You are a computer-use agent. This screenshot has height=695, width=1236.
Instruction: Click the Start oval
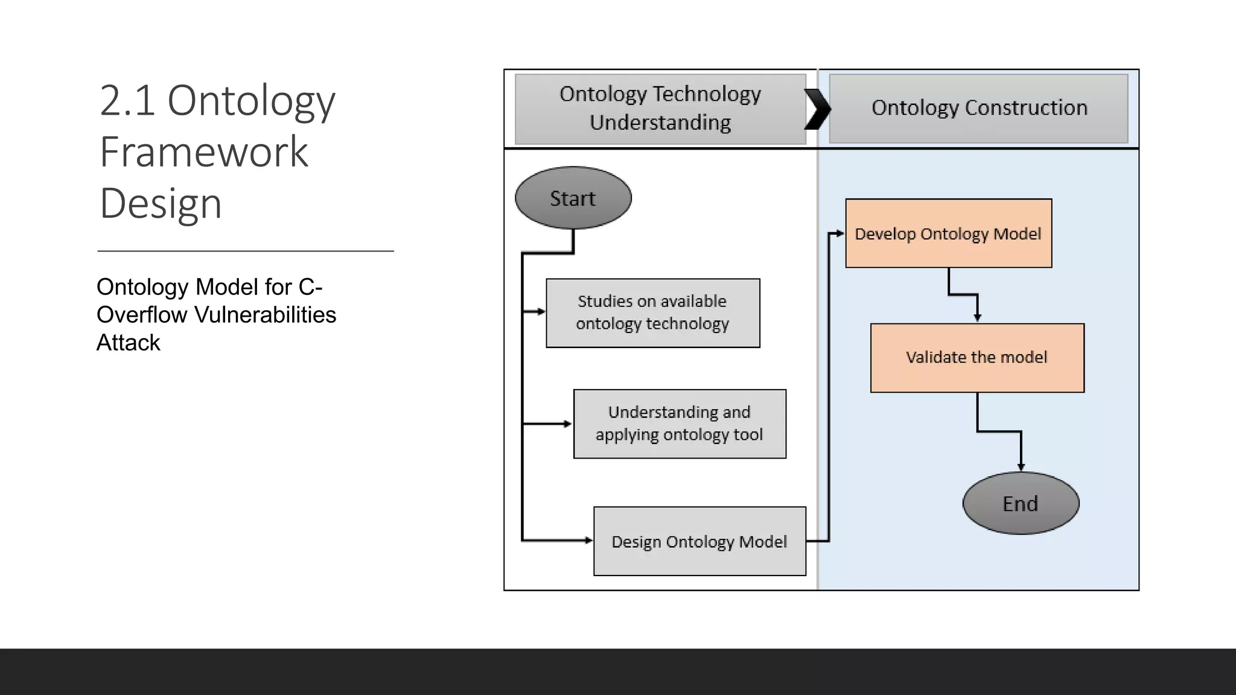573,198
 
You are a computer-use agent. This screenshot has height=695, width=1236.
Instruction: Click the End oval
1021,503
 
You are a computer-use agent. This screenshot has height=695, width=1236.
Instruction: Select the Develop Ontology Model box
948,233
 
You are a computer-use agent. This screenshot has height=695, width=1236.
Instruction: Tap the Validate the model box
976,358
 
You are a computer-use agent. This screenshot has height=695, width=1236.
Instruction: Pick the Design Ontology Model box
699,541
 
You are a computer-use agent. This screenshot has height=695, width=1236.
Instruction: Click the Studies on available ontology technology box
652,313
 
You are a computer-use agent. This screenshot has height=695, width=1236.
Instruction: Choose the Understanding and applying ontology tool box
680,424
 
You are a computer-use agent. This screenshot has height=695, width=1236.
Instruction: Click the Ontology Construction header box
978,108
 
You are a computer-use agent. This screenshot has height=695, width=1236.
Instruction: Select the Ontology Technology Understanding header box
660,109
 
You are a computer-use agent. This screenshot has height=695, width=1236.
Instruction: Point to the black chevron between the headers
818,109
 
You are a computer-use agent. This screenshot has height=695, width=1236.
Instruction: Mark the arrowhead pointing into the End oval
1021,467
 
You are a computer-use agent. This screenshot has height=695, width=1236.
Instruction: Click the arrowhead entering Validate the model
978,318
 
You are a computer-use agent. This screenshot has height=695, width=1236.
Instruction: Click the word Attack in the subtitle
128,343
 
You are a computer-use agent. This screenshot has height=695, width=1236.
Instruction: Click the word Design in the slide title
161,203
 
